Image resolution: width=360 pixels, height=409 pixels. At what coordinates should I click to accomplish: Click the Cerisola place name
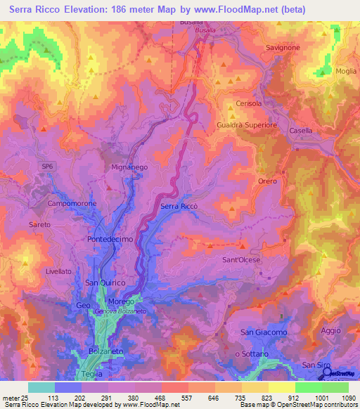[x=248, y=103]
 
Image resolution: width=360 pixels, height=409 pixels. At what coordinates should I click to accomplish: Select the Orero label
[x=267, y=181]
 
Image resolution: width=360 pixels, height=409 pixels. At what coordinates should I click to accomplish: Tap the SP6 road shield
[x=47, y=164]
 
